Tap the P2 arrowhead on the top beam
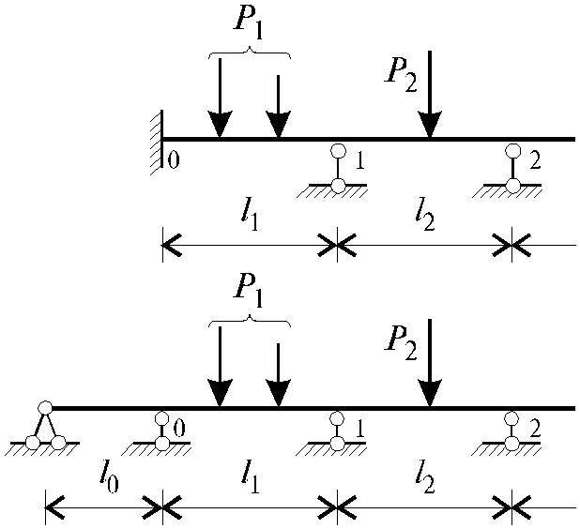pyautogui.click(x=430, y=124)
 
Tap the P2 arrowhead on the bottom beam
pyautogui.click(x=430, y=393)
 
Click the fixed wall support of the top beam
pyautogui.click(x=157, y=143)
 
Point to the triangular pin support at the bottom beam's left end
pyautogui.click(x=44, y=427)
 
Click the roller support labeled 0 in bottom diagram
pyautogui.click(x=160, y=432)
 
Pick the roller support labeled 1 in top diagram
pyautogui.click(x=337, y=170)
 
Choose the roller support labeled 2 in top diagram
pyautogui.click(x=512, y=170)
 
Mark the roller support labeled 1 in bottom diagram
pyautogui.click(x=337, y=432)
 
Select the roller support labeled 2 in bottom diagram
pyautogui.click(x=511, y=432)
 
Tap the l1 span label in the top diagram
pyautogui.click(x=250, y=217)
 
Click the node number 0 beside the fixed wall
pyautogui.click(x=174, y=160)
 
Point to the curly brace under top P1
pyautogui.click(x=250, y=53)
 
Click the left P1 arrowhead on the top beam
pyautogui.click(x=221, y=124)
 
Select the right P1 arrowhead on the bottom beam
pyautogui.click(x=279, y=393)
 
